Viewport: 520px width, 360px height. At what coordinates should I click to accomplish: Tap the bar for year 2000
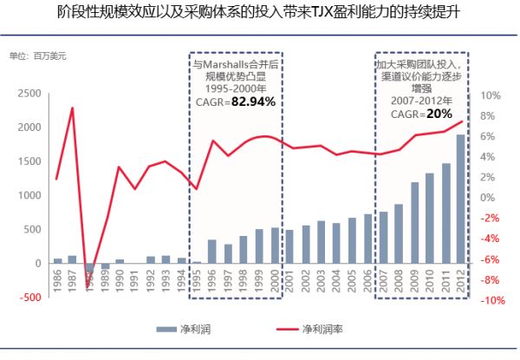pos(274,245)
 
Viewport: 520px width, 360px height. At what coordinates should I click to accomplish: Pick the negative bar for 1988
pos(89,272)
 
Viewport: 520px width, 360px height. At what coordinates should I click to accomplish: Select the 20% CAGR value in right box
pos(439,114)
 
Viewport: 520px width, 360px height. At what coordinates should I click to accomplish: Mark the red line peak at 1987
pos(73,108)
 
